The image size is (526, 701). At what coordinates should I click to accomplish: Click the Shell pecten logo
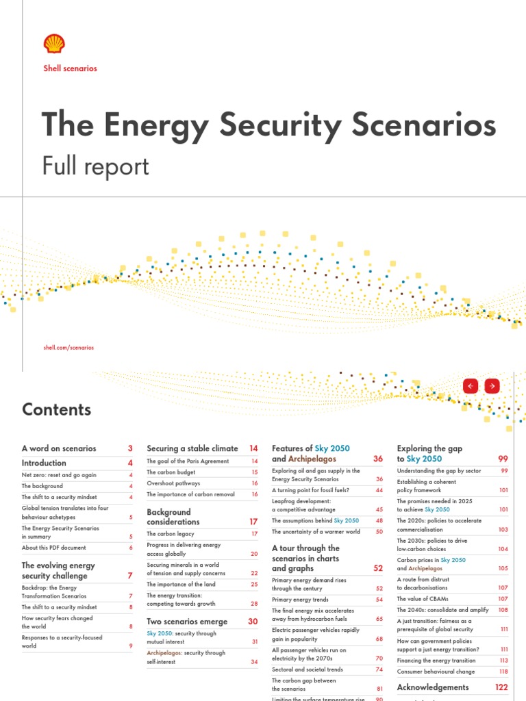click(54, 44)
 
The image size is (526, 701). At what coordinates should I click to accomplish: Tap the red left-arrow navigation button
click(470, 386)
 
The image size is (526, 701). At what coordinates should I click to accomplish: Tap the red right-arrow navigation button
click(491, 386)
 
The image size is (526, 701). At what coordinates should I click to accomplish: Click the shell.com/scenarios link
click(68, 348)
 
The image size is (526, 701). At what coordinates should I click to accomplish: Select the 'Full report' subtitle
click(95, 166)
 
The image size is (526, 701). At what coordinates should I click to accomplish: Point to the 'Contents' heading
click(56, 409)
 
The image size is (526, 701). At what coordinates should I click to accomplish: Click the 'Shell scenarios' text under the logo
click(70, 68)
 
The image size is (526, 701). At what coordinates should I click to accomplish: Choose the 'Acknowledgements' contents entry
click(433, 687)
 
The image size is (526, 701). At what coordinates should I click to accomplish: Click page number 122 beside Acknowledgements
click(501, 687)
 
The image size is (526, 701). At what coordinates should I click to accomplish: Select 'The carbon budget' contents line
click(171, 472)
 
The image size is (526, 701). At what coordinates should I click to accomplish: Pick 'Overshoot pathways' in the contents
click(173, 483)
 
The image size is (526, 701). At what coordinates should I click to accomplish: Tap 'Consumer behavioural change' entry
click(436, 672)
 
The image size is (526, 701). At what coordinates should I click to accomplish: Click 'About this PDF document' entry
click(54, 548)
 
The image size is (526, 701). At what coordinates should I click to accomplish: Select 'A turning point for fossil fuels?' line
click(310, 491)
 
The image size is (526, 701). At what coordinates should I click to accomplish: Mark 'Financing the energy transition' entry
click(436, 661)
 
